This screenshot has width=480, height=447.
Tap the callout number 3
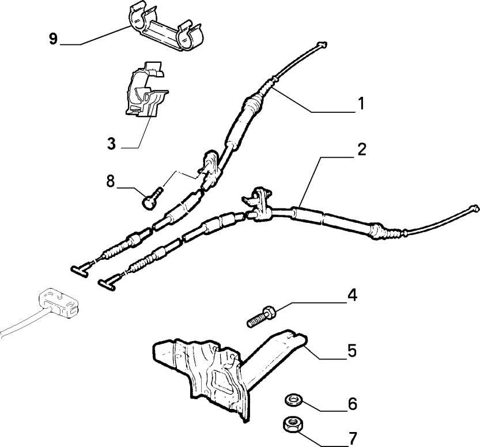pos(112,142)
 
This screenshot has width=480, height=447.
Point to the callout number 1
pos(360,104)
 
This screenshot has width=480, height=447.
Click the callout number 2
pos(360,150)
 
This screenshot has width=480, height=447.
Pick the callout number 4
pos(351,296)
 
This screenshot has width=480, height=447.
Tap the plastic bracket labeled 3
pos(146,90)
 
